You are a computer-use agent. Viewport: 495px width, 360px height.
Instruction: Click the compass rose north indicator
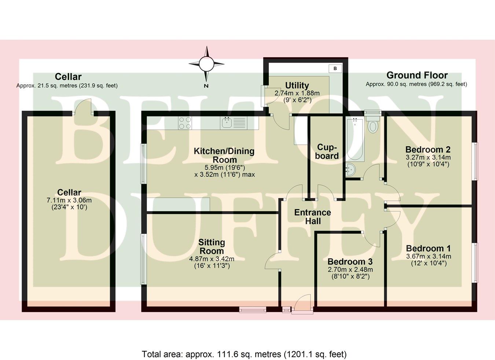pos(206,64)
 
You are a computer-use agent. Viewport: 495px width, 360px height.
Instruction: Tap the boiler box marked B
pos(335,69)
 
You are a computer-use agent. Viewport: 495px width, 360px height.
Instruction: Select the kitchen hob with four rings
pos(185,123)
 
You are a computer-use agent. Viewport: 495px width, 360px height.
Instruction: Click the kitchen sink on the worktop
pos(227,123)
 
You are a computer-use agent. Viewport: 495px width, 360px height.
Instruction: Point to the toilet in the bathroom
pos(373,124)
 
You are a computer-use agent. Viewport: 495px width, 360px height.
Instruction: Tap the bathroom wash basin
pos(351,170)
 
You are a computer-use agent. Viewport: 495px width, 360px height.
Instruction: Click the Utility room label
pos(297,85)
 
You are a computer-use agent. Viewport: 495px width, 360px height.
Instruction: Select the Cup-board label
pos(327,151)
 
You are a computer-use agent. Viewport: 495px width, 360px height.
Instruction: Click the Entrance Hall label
pos(312,217)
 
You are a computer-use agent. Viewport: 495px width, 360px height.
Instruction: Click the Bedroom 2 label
pos(428,150)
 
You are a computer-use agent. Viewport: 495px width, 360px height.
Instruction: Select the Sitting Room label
pos(212,247)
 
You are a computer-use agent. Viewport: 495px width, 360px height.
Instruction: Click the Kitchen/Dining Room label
pos(224,155)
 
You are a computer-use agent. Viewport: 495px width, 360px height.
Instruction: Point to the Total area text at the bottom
pos(244,355)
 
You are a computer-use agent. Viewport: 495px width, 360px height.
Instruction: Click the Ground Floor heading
pos(417,76)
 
